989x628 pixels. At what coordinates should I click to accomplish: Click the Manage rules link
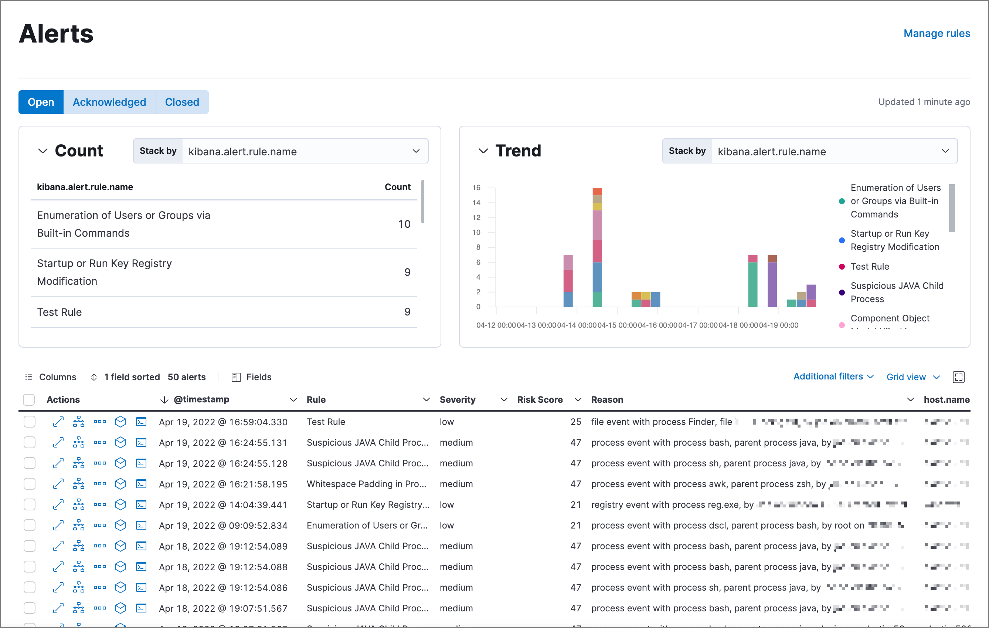pyautogui.click(x=937, y=33)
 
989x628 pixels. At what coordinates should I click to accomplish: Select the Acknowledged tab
pyautogui.click(x=109, y=102)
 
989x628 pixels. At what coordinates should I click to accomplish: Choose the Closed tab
pyautogui.click(x=182, y=102)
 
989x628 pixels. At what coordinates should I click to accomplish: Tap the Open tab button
pyautogui.click(x=41, y=102)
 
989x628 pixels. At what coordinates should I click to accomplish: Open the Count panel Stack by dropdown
pyautogui.click(x=304, y=151)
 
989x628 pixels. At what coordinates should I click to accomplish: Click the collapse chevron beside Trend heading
pyautogui.click(x=483, y=151)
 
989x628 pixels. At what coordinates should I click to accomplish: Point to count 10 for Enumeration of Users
pyautogui.click(x=404, y=224)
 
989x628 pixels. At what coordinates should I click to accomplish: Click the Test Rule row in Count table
pyautogui.click(x=60, y=312)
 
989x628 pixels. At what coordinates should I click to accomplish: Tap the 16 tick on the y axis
pyautogui.click(x=476, y=188)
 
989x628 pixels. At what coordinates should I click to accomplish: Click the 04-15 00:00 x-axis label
pyautogui.click(x=617, y=325)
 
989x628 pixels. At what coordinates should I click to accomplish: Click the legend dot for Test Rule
pyautogui.click(x=842, y=266)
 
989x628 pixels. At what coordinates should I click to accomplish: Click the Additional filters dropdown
pyautogui.click(x=833, y=377)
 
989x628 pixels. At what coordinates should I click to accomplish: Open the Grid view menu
pyautogui.click(x=912, y=377)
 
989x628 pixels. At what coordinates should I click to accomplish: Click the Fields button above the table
pyautogui.click(x=252, y=377)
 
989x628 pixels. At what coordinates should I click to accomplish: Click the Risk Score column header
pyautogui.click(x=540, y=399)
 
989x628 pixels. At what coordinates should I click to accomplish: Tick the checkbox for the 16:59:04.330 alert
pyautogui.click(x=30, y=422)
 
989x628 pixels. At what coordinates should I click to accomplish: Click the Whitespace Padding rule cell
pyautogui.click(x=366, y=484)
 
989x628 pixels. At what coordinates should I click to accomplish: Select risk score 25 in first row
pyautogui.click(x=575, y=422)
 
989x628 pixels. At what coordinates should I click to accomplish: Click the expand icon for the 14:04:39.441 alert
pyautogui.click(x=58, y=504)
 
